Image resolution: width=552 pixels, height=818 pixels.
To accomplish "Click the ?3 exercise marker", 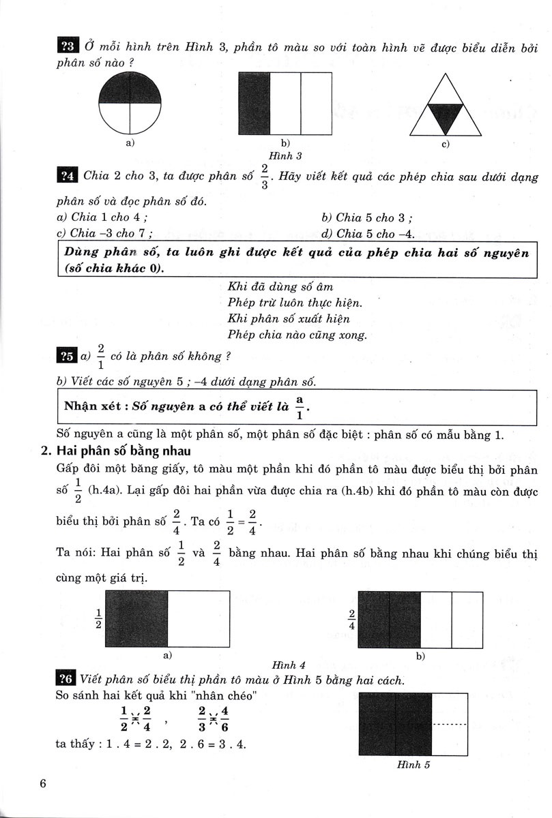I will [x=68, y=46].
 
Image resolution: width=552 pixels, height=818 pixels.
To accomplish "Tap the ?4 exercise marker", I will [x=68, y=176].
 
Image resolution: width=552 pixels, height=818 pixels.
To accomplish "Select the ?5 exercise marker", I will [x=68, y=356].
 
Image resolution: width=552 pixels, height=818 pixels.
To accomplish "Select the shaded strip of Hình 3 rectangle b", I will [x=254, y=103].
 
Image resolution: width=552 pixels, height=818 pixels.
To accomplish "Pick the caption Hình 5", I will [x=413, y=764].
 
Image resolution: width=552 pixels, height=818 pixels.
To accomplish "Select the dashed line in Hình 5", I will [x=450, y=723].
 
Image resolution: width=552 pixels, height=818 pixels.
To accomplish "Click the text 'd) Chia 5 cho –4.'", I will [x=367, y=234].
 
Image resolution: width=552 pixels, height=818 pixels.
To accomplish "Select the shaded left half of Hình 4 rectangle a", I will [x=137, y=618].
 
